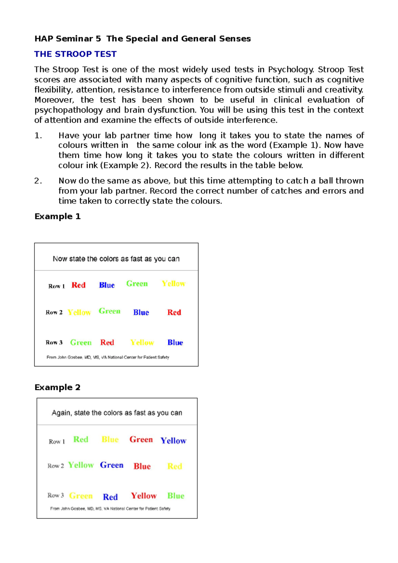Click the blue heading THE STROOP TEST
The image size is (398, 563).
pyautogui.click(x=75, y=54)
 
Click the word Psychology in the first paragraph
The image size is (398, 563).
pyautogui.click(x=291, y=70)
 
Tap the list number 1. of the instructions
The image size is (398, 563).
pyautogui.click(x=38, y=136)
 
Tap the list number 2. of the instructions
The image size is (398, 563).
pyautogui.click(x=38, y=181)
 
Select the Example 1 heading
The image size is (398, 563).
pyautogui.click(x=57, y=217)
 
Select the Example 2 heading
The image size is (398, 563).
pyautogui.click(x=57, y=387)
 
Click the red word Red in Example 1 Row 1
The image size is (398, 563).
pyautogui.click(x=79, y=285)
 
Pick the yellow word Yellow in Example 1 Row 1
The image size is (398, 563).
pyautogui.click(x=173, y=284)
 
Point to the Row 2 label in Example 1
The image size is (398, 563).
pyautogui.click(x=54, y=312)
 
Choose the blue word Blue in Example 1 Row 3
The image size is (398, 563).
pyautogui.click(x=175, y=343)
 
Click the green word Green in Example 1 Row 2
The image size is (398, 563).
pyautogui.click(x=109, y=311)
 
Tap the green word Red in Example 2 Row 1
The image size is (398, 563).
pyautogui.click(x=81, y=439)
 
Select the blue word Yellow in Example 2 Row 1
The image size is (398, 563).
pyautogui.click(x=173, y=441)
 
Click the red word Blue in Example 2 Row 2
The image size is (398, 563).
pyautogui.click(x=142, y=466)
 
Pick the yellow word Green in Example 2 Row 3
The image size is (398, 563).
pyautogui.click(x=81, y=496)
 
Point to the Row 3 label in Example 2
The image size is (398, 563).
pyautogui.click(x=55, y=495)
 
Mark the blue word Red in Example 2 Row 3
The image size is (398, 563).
pyautogui.click(x=110, y=497)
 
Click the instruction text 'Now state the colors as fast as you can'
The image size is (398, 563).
pyautogui.click(x=116, y=259)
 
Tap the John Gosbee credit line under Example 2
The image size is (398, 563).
pyautogui.click(x=110, y=509)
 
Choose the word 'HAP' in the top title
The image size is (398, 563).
pyautogui.click(x=44, y=39)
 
